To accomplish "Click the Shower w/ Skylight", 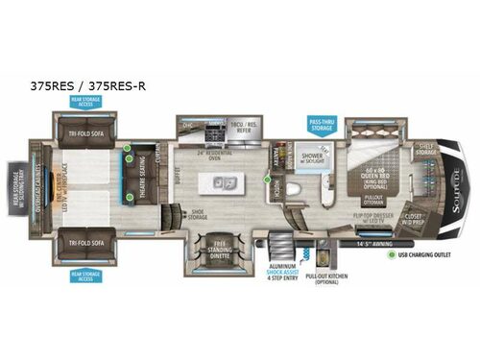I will (311, 159).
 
